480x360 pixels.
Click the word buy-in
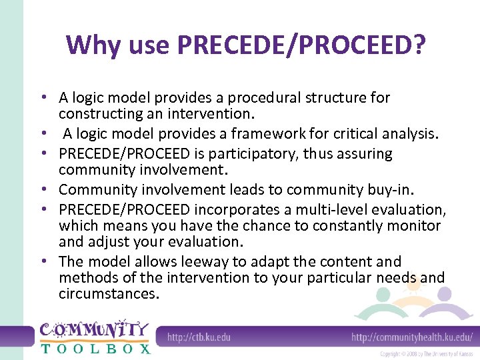(x=352, y=189)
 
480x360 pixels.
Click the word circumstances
(x=109, y=293)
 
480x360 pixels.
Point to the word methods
(x=86, y=277)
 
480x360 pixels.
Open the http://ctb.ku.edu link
(x=199, y=337)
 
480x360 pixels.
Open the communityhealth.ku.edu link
(x=412, y=337)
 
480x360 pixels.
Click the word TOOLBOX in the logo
(x=95, y=347)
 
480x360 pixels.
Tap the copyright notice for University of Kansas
(x=427, y=354)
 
